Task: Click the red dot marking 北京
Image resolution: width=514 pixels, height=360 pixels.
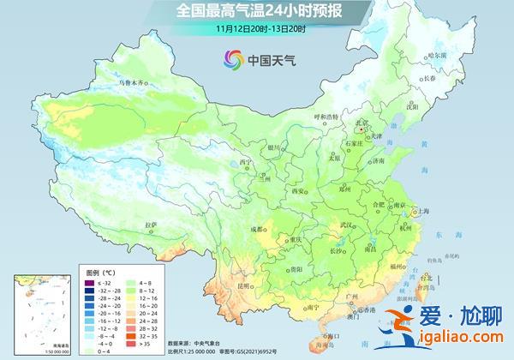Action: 361,130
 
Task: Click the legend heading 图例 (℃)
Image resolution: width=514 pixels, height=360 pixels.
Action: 100,271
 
